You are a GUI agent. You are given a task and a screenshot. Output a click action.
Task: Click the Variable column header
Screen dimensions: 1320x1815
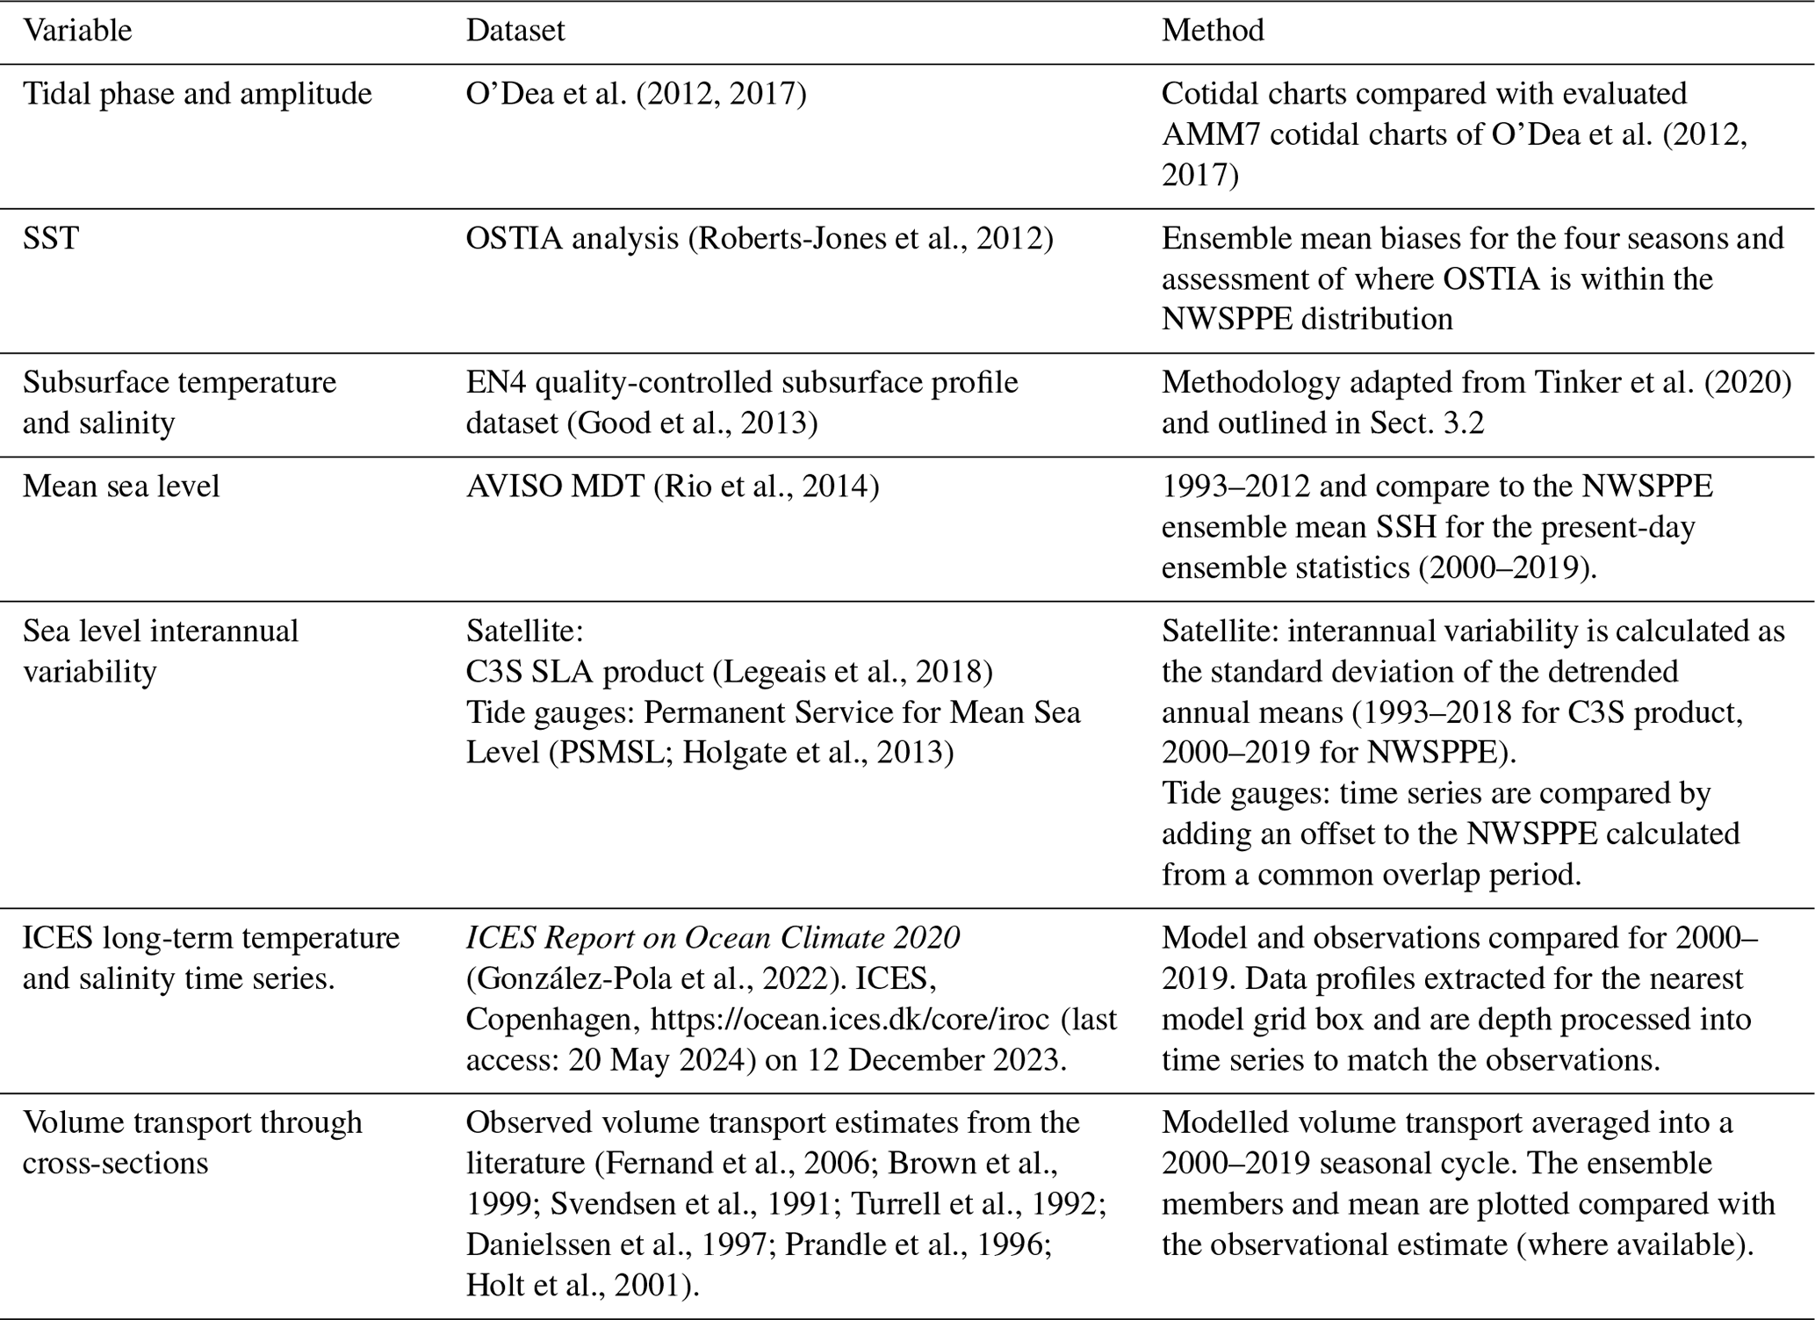pyautogui.click(x=77, y=31)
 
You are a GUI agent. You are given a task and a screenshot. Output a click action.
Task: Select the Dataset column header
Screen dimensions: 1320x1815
pyautogui.click(x=515, y=31)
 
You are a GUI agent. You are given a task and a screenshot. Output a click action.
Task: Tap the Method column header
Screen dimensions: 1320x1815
pyautogui.click(x=1213, y=31)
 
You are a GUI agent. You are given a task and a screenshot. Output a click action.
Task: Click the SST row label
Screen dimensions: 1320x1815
pyautogui.click(x=51, y=239)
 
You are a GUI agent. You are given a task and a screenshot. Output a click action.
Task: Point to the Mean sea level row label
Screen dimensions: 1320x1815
pyautogui.click(x=121, y=487)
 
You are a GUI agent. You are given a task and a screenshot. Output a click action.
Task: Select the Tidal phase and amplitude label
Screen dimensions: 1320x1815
pyautogui.click(x=198, y=94)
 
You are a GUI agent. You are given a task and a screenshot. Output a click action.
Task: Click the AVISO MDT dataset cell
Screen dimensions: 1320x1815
pyautogui.click(x=672, y=487)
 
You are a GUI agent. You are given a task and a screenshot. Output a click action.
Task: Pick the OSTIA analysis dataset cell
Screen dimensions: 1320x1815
pyautogui.click(x=759, y=239)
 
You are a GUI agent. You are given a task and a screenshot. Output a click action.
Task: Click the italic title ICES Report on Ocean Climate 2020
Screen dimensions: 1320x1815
pyautogui.click(x=712, y=938)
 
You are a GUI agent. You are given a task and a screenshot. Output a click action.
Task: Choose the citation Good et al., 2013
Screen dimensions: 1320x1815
pyautogui.click(x=692, y=423)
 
